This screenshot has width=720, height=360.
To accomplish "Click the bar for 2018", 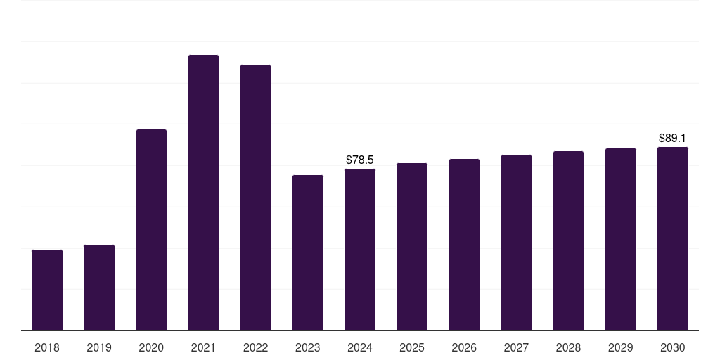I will click(x=47, y=290).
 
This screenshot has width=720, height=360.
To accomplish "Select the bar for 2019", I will click(x=99, y=288).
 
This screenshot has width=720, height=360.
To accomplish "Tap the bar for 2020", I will click(x=151, y=230).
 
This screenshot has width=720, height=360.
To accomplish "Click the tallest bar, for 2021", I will click(x=203, y=193).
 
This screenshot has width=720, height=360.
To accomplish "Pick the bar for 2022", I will click(x=255, y=198).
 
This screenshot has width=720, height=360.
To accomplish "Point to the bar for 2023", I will click(x=308, y=252).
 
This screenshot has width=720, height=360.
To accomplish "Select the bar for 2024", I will click(x=360, y=250).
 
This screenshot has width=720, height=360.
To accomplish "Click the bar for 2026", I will click(x=464, y=245).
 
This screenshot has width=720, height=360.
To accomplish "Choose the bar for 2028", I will click(x=568, y=240).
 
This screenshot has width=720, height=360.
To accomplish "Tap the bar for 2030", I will click(x=673, y=238).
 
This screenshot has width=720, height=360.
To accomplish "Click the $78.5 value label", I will click(x=360, y=160).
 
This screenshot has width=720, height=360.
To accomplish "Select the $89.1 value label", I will click(x=673, y=139).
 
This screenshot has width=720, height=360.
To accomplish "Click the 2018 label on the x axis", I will click(x=47, y=347).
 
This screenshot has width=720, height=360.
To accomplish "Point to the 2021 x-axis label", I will click(x=203, y=347).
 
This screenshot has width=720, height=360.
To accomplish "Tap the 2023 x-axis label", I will click(x=308, y=347).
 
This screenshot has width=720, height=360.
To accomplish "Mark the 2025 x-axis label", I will click(x=412, y=347).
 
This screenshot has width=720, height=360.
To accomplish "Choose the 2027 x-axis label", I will click(x=516, y=347).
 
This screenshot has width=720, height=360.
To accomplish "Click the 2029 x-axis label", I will click(x=621, y=347).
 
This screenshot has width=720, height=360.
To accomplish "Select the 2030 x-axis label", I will click(x=673, y=347).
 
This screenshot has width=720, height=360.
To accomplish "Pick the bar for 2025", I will click(x=412, y=247).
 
